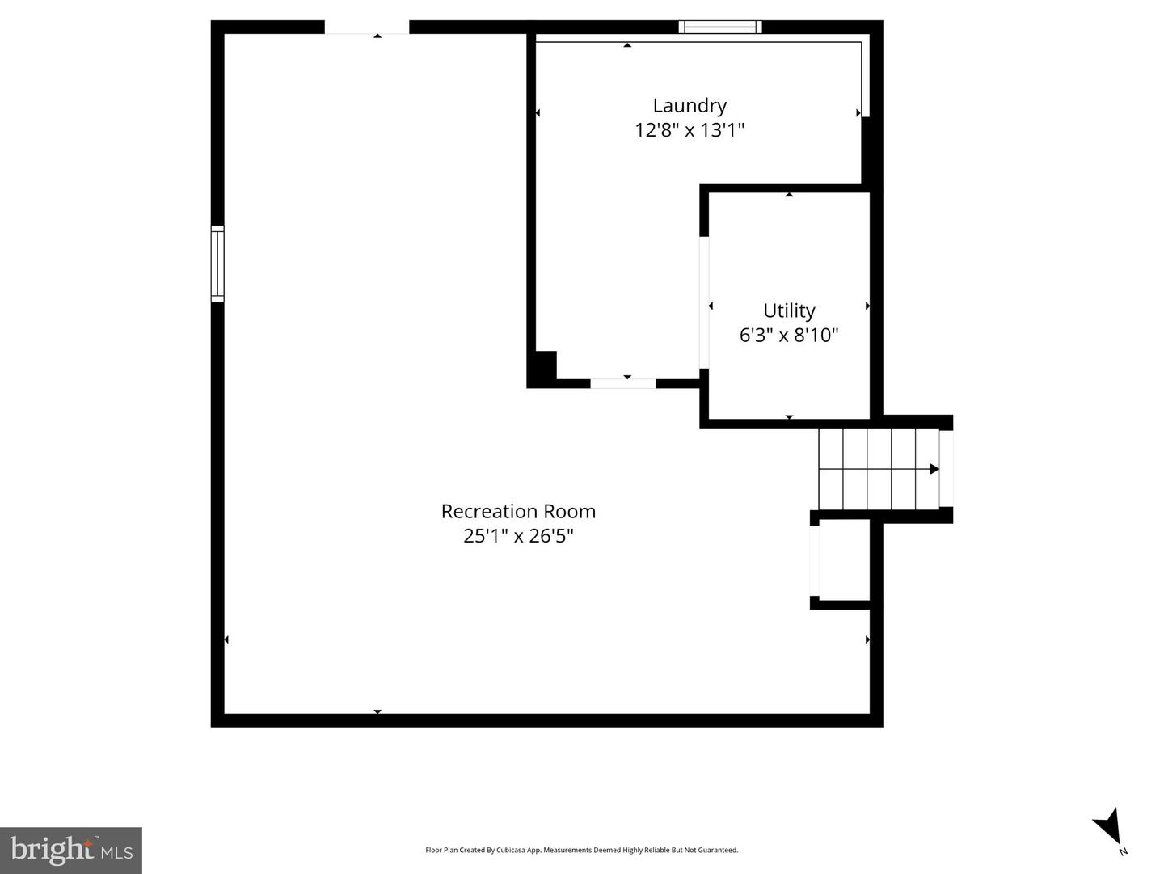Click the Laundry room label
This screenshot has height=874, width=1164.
pyautogui.click(x=689, y=106)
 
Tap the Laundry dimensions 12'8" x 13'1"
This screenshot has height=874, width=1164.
pyautogui.click(x=690, y=130)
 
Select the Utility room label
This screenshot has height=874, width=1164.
pyautogui.click(x=789, y=310)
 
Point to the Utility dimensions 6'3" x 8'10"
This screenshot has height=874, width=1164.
pyautogui.click(x=789, y=336)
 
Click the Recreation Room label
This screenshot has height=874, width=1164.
pyautogui.click(x=518, y=511)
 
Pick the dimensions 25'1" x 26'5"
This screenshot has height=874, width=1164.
pyautogui.click(x=518, y=536)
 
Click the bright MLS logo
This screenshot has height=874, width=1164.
pyautogui.click(x=71, y=850)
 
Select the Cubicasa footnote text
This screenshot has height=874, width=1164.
pyautogui.click(x=581, y=850)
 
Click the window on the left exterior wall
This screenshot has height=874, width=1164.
pyautogui.click(x=217, y=264)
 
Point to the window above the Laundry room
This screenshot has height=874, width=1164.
pyautogui.click(x=720, y=27)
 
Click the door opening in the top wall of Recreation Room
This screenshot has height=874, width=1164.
pyautogui.click(x=367, y=27)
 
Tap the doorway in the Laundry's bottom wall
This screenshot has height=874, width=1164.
pyautogui.click(x=623, y=383)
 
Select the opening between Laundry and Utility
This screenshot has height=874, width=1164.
pyautogui.click(x=704, y=302)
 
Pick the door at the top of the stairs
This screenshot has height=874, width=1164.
pyautogui.click(x=946, y=469)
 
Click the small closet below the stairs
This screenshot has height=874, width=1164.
pyautogui.click(x=844, y=560)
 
